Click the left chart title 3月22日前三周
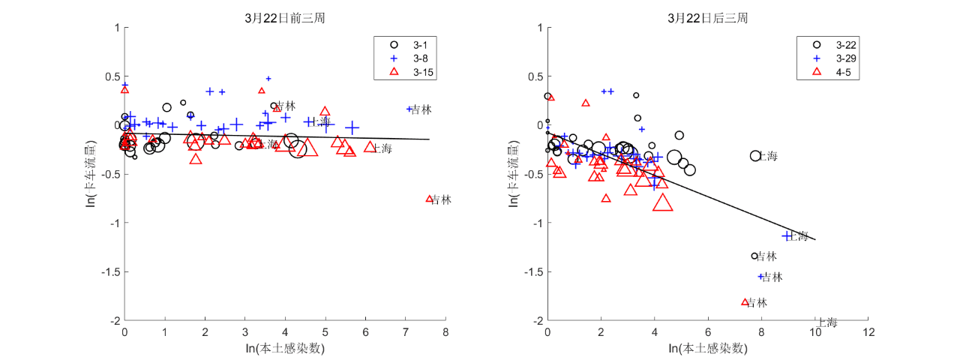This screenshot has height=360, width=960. pyautogui.click(x=284, y=18)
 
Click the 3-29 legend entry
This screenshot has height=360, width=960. pyautogui.click(x=828, y=58)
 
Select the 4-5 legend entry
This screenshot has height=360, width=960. pyautogui.click(x=828, y=72)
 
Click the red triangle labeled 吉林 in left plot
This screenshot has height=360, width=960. pyautogui.click(x=430, y=199)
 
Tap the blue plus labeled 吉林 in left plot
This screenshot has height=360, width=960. pyautogui.click(x=409, y=109)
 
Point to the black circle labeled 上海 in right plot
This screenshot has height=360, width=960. pyautogui.click(x=755, y=155)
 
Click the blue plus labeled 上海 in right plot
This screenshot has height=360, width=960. pyautogui.click(x=787, y=235)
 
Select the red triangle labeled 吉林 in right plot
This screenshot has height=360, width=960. pyautogui.click(x=745, y=301)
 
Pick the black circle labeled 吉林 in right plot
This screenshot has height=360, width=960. pyautogui.click(x=754, y=256)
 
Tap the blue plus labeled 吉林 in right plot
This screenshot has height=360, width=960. pyautogui.click(x=760, y=276)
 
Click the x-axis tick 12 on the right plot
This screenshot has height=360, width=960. pyautogui.click(x=868, y=331)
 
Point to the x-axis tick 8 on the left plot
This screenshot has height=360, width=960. pyautogui.click(x=445, y=331)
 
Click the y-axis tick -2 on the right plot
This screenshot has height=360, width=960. pyautogui.click(x=537, y=320)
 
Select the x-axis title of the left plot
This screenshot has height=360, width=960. pyautogui.click(x=285, y=348)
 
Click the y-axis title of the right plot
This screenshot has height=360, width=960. pyautogui.click(x=517, y=173)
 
